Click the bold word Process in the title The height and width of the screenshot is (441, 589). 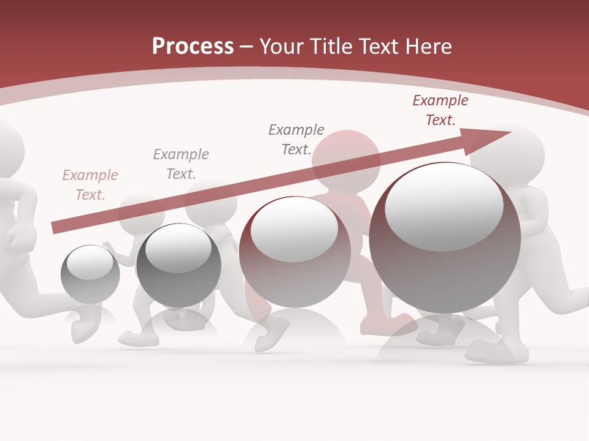click(x=193, y=46)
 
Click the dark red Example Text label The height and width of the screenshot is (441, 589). click(x=441, y=110)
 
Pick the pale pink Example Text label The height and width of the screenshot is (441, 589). click(x=90, y=185)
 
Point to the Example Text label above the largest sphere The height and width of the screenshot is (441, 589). click(x=441, y=110)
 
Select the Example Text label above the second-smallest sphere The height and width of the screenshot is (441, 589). click(x=181, y=164)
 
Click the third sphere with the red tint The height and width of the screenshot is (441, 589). click(x=294, y=252)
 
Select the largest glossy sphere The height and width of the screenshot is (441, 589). click(x=445, y=239)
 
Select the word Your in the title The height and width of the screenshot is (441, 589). click(x=282, y=46)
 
